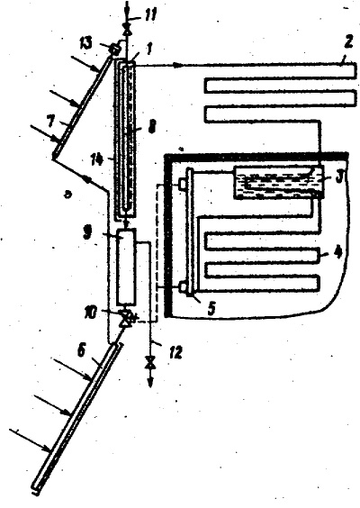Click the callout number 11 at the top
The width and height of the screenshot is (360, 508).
(x=149, y=15)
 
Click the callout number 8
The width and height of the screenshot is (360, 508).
(x=151, y=126)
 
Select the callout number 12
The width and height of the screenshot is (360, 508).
(x=175, y=352)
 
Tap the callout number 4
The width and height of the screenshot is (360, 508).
(x=337, y=253)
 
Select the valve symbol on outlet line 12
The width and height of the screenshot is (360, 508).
(x=149, y=363)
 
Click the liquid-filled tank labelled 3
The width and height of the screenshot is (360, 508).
(x=278, y=182)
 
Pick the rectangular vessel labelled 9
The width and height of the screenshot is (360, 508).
(x=126, y=266)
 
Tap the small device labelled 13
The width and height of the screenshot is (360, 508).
(x=115, y=49)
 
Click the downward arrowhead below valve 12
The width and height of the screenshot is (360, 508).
(x=150, y=382)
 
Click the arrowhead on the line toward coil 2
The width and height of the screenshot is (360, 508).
(x=177, y=66)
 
